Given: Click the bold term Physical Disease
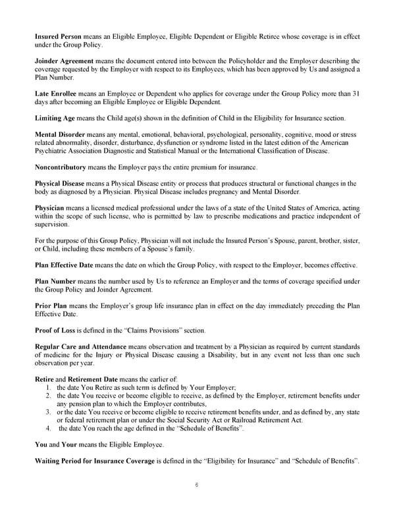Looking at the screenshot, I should tap(60, 182).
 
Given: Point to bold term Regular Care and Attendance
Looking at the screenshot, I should tap(82, 346).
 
